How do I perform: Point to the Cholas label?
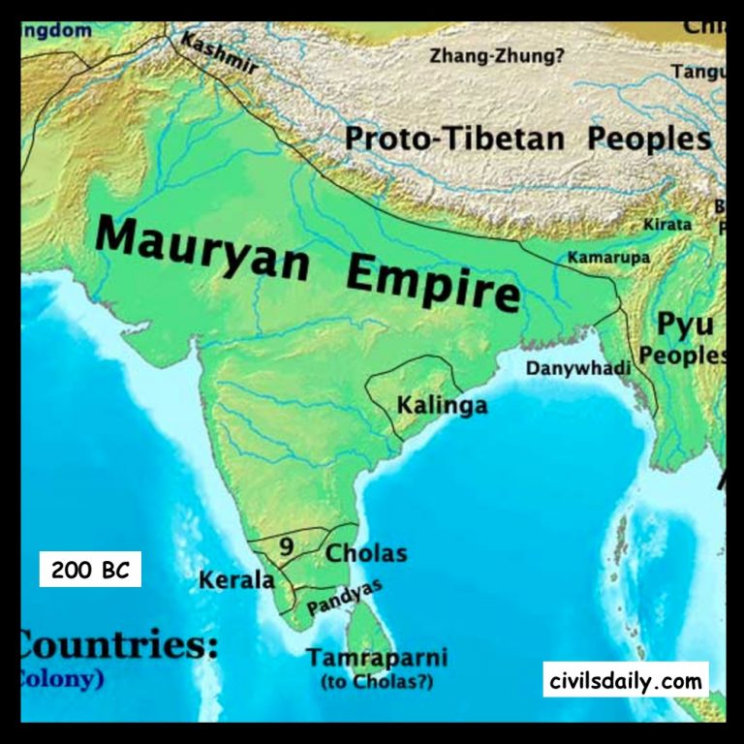coord(366,554)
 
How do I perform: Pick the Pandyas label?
coord(344,597)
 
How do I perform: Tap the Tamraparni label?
coord(377,659)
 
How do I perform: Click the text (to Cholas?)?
coord(377,682)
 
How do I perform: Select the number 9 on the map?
coord(287,546)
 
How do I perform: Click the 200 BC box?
coord(90,570)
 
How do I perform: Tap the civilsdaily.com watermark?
coord(625,681)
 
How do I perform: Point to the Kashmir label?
coord(220,57)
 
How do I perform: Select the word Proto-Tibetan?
coord(454,139)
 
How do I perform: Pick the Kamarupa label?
coord(607,258)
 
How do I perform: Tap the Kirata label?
coord(667,225)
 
